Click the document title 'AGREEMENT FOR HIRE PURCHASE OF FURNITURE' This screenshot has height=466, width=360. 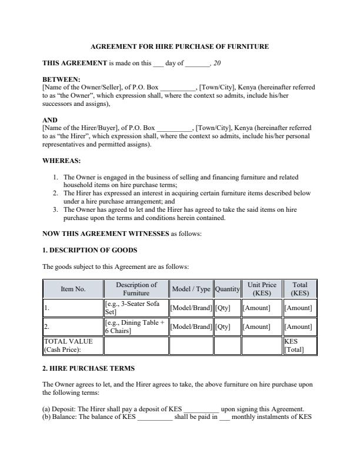pos(180,46)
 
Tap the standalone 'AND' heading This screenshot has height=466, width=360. pos(51,119)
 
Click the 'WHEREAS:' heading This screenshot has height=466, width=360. pos(62,160)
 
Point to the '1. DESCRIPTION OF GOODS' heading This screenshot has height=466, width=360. pos(90,250)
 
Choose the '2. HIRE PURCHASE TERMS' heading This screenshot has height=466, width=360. pos(89,368)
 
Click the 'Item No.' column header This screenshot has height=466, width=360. pos(73,289)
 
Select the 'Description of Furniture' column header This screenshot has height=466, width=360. pos(136,289)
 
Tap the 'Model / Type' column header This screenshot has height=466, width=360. pos(191,289)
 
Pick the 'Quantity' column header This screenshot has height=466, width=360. pos(227,289)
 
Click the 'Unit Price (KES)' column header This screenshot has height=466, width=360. pos(262,289)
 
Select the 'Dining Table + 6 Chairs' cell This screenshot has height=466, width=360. pos(135,327)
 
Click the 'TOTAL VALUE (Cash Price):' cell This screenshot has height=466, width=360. pos(73,345)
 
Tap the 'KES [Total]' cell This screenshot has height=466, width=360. pos(299,345)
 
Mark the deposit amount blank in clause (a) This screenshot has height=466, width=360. pos(202,410)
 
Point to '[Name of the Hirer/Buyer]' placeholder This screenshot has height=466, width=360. pos(79,128)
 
